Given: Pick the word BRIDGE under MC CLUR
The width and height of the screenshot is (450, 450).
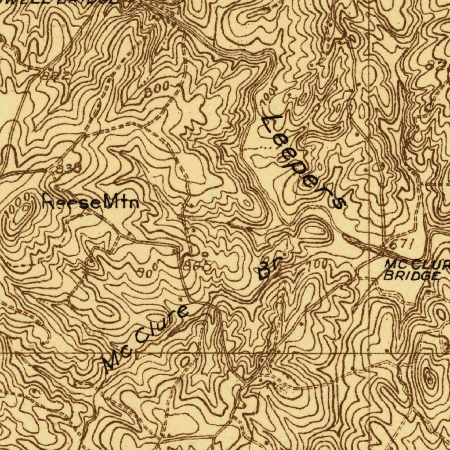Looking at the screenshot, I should pyautogui.click(x=411, y=276).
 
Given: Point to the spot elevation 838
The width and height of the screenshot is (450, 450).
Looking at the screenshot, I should pyautogui.click(x=69, y=167).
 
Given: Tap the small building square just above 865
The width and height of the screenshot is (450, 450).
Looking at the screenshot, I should pyautogui.click(x=204, y=254).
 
